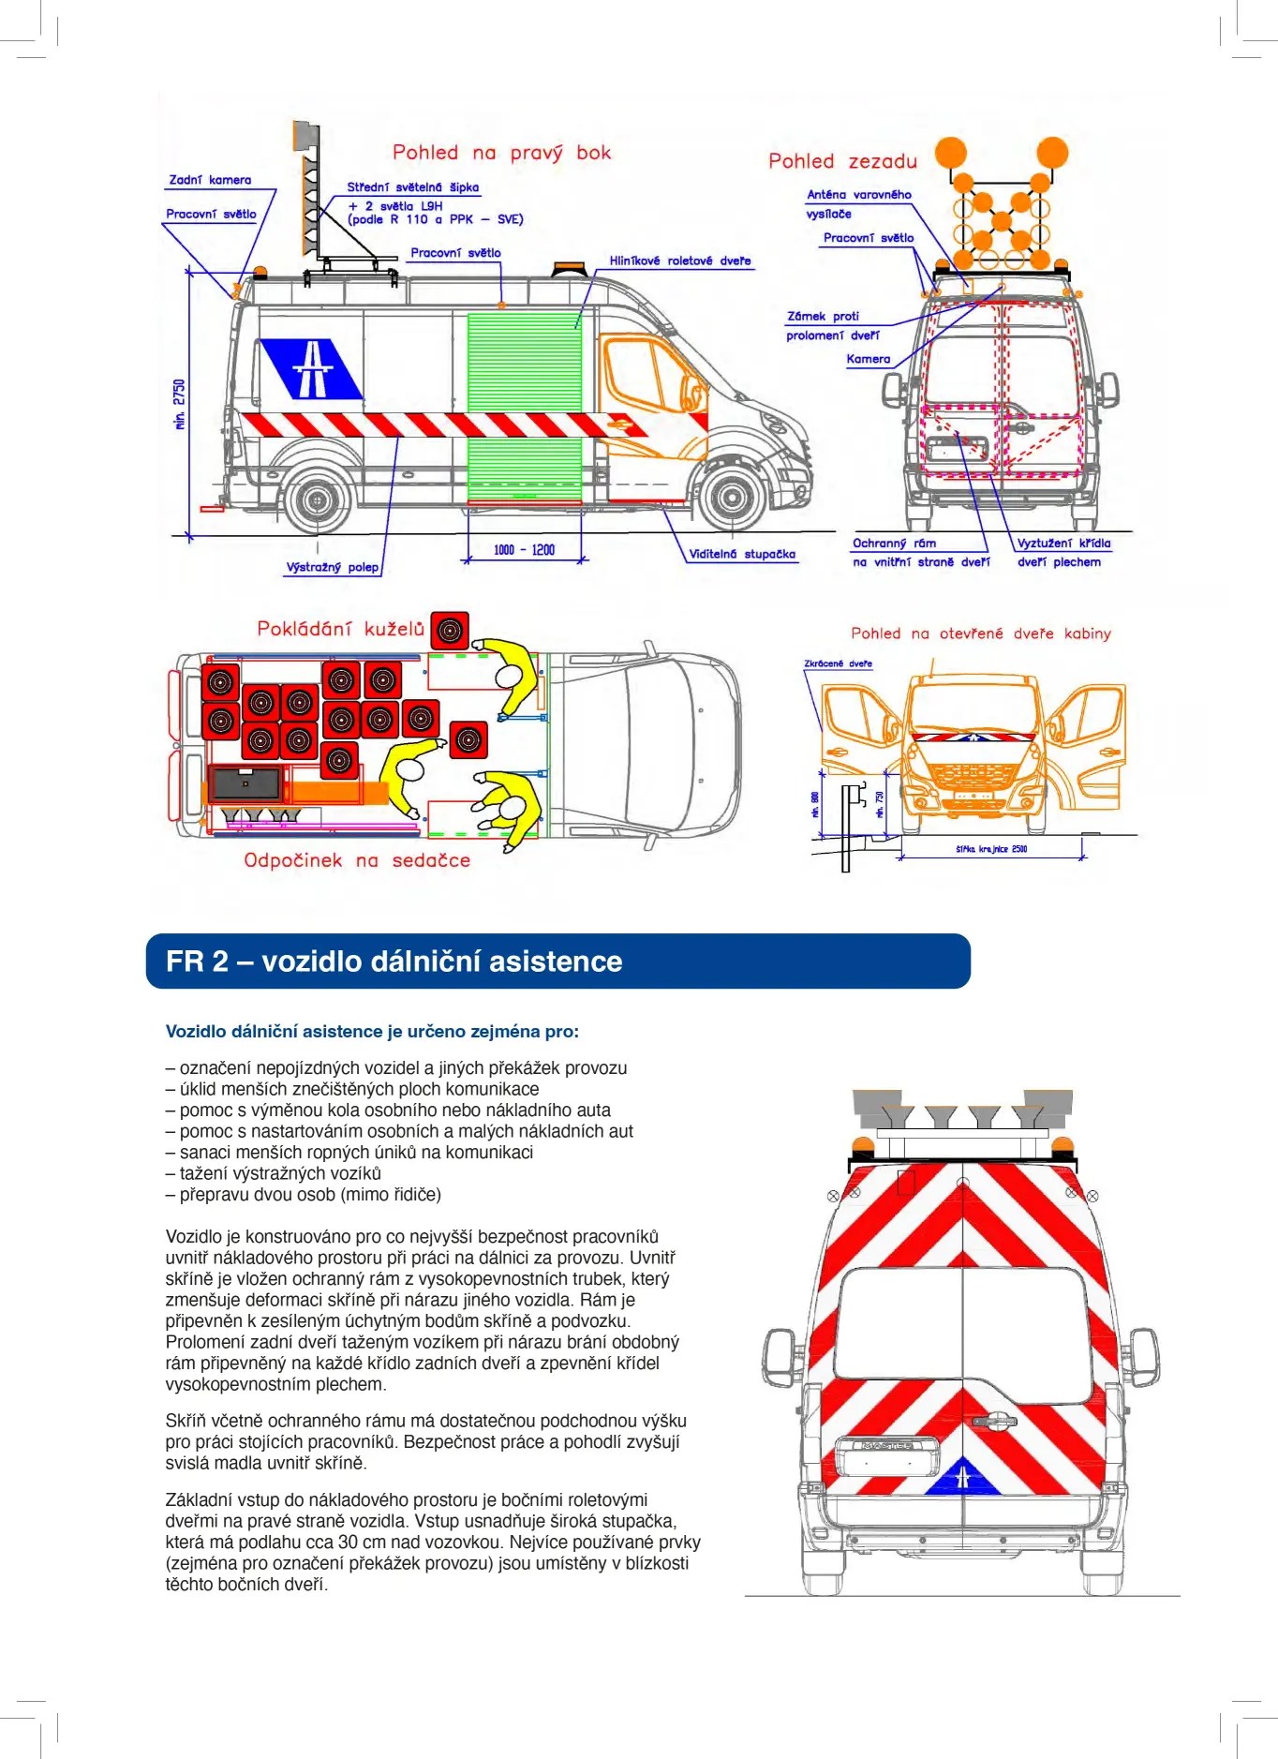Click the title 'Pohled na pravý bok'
(501, 153)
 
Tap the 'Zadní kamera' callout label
(210, 180)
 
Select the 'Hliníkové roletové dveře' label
(679, 261)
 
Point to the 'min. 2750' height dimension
(180, 404)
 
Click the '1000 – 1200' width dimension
(524, 550)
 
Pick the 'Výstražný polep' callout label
(332, 567)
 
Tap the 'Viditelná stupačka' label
(742, 554)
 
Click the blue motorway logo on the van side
(311, 368)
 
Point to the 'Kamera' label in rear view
(868, 359)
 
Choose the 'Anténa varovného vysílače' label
(857, 203)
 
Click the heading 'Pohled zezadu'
(842, 161)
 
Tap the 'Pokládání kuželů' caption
(341, 629)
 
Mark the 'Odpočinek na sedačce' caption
(357, 860)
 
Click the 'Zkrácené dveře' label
(838, 663)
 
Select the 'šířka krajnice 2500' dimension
(991, 849)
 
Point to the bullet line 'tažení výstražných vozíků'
(274, 1173)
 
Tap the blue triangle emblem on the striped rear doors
(962, 1477)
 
